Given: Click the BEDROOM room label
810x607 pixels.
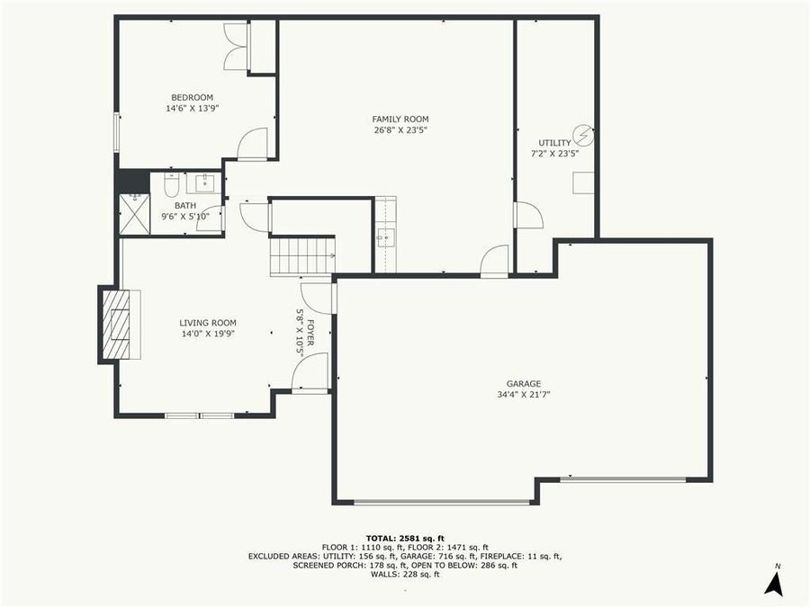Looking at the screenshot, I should point(192,97).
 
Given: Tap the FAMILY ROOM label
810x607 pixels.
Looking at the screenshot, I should point(400,119).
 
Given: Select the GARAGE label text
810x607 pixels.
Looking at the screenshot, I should point(523,383).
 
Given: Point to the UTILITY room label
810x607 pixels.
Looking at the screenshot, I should point(554,143).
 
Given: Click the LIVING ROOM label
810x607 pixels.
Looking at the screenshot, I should point(207,323).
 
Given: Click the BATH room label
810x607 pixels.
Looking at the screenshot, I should point(184,206).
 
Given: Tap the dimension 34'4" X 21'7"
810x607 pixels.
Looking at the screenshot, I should point(523,394).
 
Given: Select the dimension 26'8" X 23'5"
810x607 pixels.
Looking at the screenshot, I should point(400,129).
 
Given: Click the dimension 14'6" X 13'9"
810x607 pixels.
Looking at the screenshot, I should point(192,108).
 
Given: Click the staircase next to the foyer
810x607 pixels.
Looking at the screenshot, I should point(302,256).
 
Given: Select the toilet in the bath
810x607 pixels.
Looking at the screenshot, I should point(171,185).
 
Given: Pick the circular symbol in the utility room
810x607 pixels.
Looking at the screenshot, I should point(583,136).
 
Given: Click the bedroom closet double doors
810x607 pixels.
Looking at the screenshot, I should point(236,48).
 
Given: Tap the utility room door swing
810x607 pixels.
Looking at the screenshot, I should point(527,216).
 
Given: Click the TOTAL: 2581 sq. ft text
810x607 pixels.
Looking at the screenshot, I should point(404,538).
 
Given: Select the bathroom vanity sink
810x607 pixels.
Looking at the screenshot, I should point(203,183).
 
